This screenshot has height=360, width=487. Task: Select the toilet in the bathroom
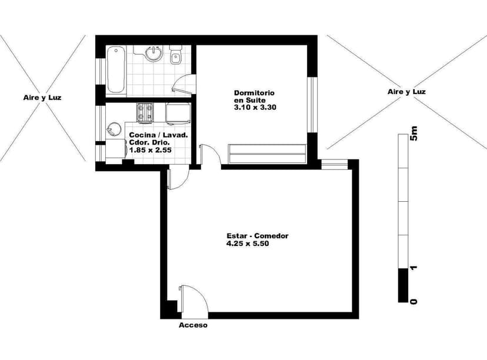tap(175, 58)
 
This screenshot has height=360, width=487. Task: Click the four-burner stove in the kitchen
tap(145, 111)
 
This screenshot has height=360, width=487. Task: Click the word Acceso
tap(193, 325)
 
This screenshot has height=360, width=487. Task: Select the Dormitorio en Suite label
tap(254, 96)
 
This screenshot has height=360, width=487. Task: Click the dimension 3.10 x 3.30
tap(255, 108)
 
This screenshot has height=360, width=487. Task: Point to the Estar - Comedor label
tap(257, 236)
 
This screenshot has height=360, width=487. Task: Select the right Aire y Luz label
tap(406, 92)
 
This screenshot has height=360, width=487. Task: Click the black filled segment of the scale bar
tap(403, 285)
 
